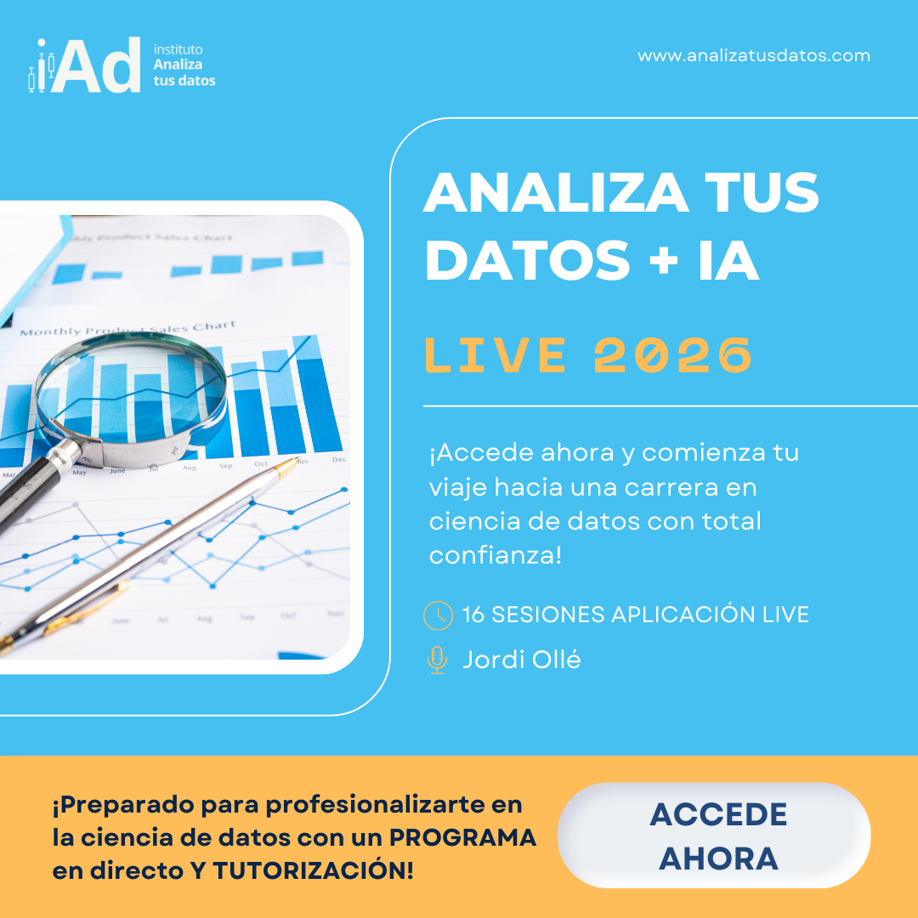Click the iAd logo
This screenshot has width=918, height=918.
tap(85, 65)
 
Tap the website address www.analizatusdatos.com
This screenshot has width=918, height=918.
tap(753, 56)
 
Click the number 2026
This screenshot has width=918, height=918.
tap(672, 355)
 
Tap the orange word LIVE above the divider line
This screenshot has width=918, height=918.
tap(496, 355)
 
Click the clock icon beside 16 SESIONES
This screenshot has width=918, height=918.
tap(438, 615)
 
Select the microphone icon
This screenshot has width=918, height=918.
tap(437, 660)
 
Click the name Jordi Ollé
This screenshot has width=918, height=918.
tap(521, 660)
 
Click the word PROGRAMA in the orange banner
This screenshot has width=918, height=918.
tap(463, 837)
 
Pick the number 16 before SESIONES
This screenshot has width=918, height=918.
tap(473, 615)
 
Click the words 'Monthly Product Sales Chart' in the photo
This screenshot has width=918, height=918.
tap(127, 329)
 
